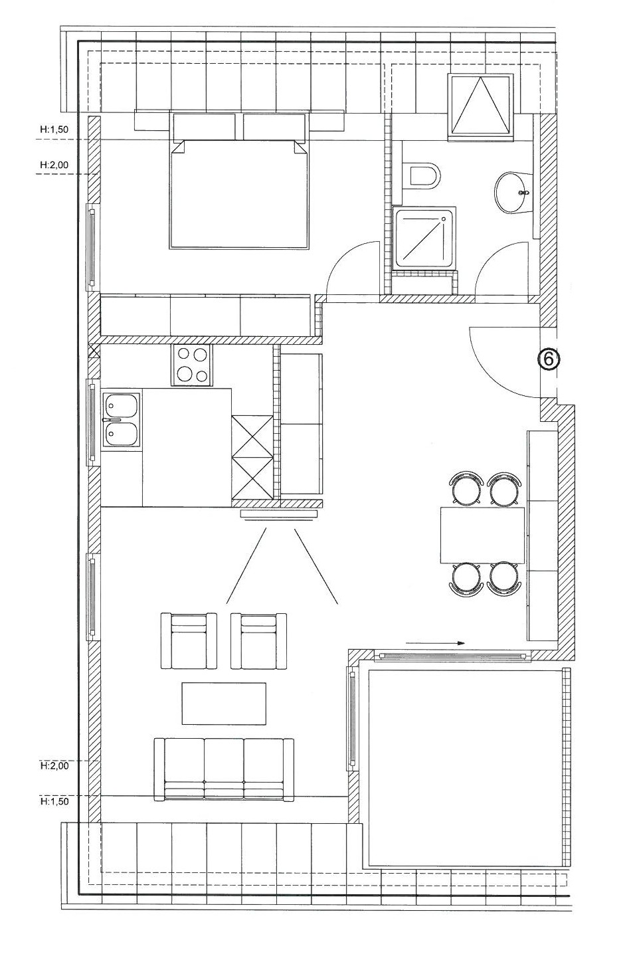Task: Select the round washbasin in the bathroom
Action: (x=513, y=193)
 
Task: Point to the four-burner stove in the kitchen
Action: (x=191, y=365)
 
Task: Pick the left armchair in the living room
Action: (x=189, y=640)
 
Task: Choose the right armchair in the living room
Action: (x=259, y=640)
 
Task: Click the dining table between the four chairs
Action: (x=482, y=535)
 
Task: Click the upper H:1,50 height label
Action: (x=54, y=130)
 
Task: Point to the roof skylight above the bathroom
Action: (x=480, y=106)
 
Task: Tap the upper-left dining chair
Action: (x=466, y=488)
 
